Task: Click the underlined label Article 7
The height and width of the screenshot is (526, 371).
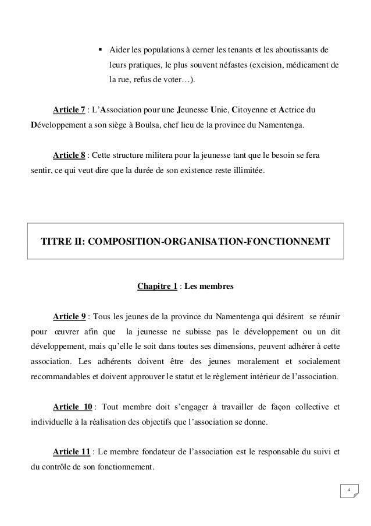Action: click(69, 109)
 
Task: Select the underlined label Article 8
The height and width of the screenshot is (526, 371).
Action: click(69, 156)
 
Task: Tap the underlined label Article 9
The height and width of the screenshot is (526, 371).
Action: click(69, 316)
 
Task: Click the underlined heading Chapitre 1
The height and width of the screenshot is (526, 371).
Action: click(156, 286)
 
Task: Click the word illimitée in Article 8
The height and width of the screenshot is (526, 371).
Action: click(245, 171)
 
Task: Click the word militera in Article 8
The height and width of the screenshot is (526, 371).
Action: click(177, 156)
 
